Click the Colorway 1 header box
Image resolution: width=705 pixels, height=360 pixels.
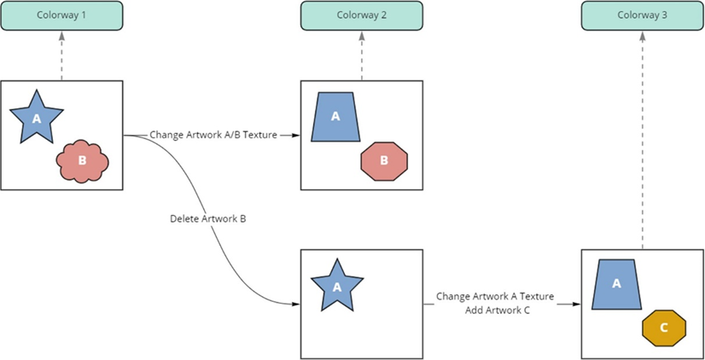(x=61, y=16)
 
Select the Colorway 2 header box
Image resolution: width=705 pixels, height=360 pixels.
(x=362, y=16)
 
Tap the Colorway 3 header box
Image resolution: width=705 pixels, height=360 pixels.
(x=642, y=16)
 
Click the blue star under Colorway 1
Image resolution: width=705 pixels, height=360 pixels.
(x=36, y=117)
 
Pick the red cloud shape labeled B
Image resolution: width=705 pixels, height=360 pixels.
(x=82, y=160)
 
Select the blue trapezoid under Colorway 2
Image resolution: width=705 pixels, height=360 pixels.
(x=335, y=117)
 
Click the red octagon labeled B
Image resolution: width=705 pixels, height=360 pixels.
(x=384, y=160)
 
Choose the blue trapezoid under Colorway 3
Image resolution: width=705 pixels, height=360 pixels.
(x=616, y=284)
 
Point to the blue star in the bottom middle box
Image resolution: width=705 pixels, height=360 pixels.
(x=336, y=287)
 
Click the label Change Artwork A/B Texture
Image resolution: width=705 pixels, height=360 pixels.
(x=213, y=135)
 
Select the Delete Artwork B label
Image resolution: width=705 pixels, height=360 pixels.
(x=208, y=219)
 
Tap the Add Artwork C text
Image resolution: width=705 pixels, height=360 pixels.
(x=498, y=310)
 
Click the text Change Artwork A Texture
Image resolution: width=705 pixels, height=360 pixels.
(x=495, y=297)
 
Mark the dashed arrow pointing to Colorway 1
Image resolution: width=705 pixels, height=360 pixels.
(x=61, y=55)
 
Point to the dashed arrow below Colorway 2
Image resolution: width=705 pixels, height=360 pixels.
(x=362, y=55)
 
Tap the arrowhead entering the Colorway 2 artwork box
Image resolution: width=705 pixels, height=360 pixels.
(x=296, y=135)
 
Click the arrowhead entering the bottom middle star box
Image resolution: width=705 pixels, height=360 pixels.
(x=296, y=304)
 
